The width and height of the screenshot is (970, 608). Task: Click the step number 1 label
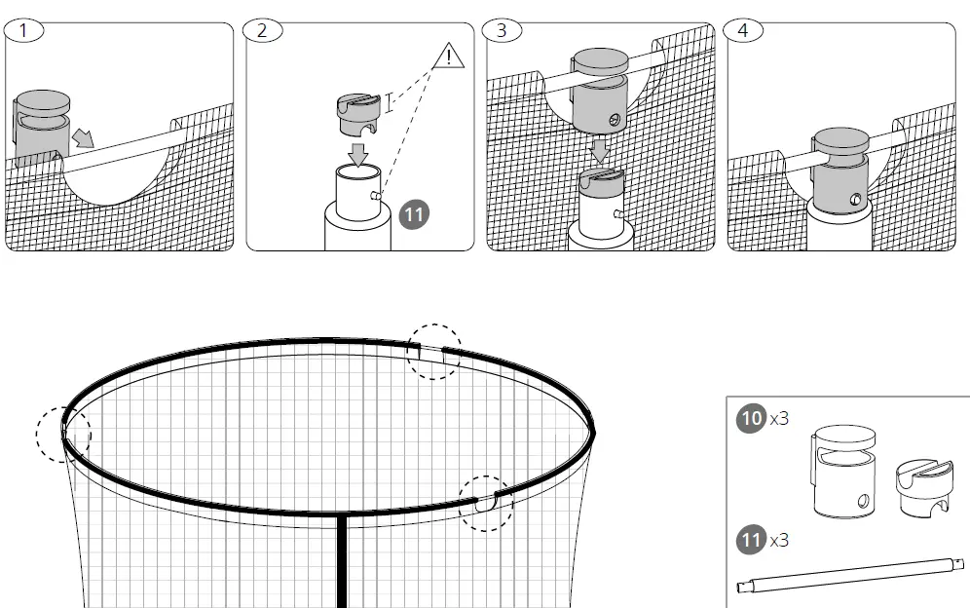point(24,30)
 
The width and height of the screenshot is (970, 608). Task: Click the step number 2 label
point(262,30)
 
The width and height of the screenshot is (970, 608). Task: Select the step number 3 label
point(502,30)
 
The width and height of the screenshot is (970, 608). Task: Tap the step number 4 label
point(743,30)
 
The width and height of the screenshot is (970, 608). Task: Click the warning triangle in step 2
point(448,55)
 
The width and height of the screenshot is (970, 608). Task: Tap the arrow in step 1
point(86,139)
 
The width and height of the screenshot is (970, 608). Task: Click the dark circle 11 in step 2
point(414,214)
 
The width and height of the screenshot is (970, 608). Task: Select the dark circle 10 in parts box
point(751,419)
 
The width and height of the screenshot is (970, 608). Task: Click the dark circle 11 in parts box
point(751,539)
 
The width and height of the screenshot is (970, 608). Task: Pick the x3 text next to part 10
point(779,419)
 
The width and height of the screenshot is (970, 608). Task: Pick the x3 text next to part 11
point(779,539)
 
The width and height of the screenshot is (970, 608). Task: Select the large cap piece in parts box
point(842,471)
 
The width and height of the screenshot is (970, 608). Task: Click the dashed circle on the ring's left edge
point(62,435)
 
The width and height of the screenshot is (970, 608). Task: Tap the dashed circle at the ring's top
point(432,352)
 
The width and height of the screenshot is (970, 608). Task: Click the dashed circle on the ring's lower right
point(485,503)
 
